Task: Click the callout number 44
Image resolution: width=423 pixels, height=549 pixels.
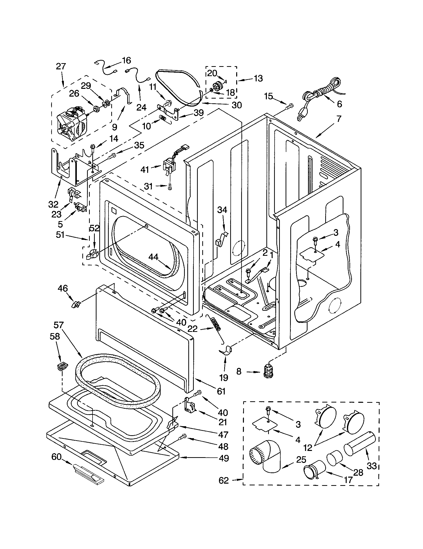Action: (153, 257)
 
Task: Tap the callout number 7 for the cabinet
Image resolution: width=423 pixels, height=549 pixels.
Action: (339, 118)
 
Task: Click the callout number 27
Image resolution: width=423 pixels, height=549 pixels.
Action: (61, 66)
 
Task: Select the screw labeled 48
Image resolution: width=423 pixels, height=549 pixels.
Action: (183, 438)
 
